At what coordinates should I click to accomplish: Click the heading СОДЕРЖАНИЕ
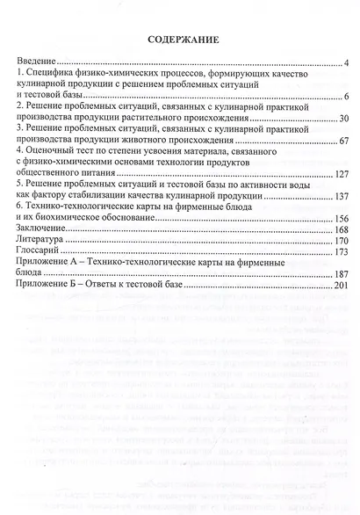click(x=182, y=39)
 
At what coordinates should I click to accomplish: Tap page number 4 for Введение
click(x=348, y=65)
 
